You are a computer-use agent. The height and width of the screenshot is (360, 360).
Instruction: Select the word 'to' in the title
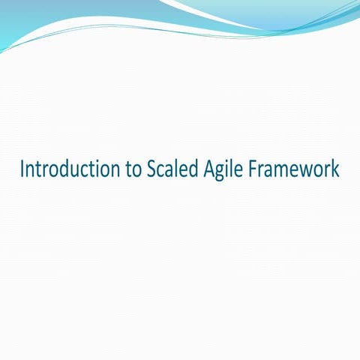132,170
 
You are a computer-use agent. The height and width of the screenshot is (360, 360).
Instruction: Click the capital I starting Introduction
22,169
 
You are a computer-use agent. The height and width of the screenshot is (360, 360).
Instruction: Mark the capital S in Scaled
151,169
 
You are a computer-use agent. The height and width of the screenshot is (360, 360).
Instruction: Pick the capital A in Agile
208,169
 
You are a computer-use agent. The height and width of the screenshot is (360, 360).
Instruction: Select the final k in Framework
336,169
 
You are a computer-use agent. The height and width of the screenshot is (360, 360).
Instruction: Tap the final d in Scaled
193,169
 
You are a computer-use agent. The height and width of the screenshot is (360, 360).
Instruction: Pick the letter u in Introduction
80,172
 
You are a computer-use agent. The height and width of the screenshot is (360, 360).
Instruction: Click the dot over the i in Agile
228,161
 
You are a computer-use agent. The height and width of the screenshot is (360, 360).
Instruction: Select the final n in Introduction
113,172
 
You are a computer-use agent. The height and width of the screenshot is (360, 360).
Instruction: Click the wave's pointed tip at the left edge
2,51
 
